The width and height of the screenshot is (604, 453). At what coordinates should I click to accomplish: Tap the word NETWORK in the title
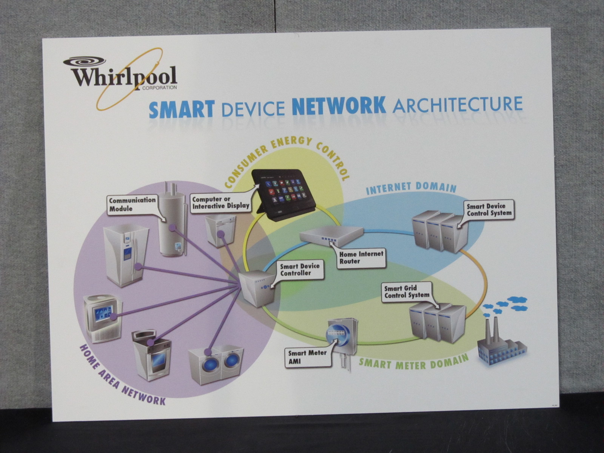coord(339,106)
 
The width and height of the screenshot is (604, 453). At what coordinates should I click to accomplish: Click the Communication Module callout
coord(132,204)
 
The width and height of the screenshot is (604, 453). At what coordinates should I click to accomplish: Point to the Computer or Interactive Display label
coord(220,202)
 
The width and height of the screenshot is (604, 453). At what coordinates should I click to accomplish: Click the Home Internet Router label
coord(361,257)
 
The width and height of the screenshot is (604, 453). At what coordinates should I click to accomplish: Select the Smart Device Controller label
coord(300,270)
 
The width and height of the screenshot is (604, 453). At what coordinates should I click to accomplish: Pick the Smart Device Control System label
coord(489,210)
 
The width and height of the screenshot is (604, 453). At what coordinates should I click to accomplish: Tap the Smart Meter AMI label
coord(307,357)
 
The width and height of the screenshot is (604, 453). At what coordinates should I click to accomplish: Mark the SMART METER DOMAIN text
coord(413,363)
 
